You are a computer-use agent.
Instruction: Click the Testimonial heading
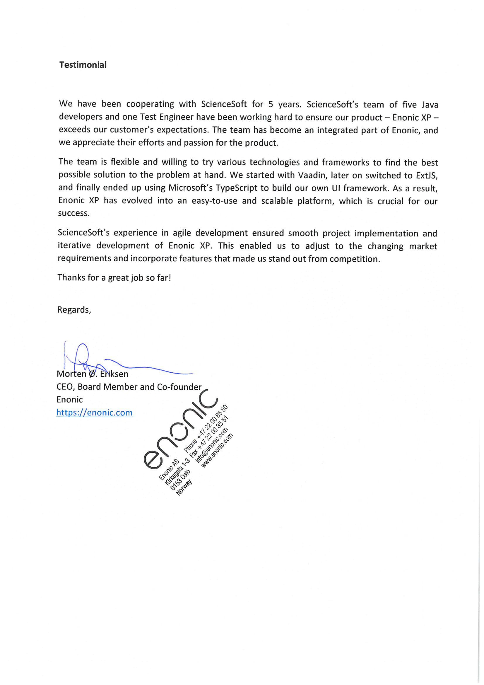coord(83,65)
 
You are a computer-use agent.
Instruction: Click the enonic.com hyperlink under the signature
coord(94,413)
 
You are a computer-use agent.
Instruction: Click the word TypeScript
coord(236,188)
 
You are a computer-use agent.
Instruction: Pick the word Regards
coord(74,310)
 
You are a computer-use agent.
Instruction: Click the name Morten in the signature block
coord(71,374)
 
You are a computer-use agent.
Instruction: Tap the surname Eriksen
coord(114,374)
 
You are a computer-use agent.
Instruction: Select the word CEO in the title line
coord(65,387)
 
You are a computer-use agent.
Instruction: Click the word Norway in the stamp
coord(184,488)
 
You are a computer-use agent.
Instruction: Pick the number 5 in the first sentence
coord(271,104)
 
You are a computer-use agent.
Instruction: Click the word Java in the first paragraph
coord(430,105)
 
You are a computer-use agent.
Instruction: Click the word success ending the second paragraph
coord(73,213)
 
